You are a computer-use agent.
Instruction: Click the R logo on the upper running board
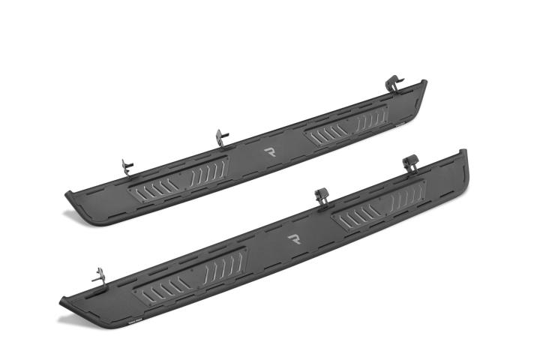[270, 151]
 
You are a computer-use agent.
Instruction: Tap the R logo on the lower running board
[295, 240]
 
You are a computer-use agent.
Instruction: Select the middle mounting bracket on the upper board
[220, 137]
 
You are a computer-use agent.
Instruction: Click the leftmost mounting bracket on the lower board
[97, 274]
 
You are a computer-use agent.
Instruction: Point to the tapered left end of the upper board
[76, 199]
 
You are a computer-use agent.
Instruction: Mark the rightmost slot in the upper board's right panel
[382, 115]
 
